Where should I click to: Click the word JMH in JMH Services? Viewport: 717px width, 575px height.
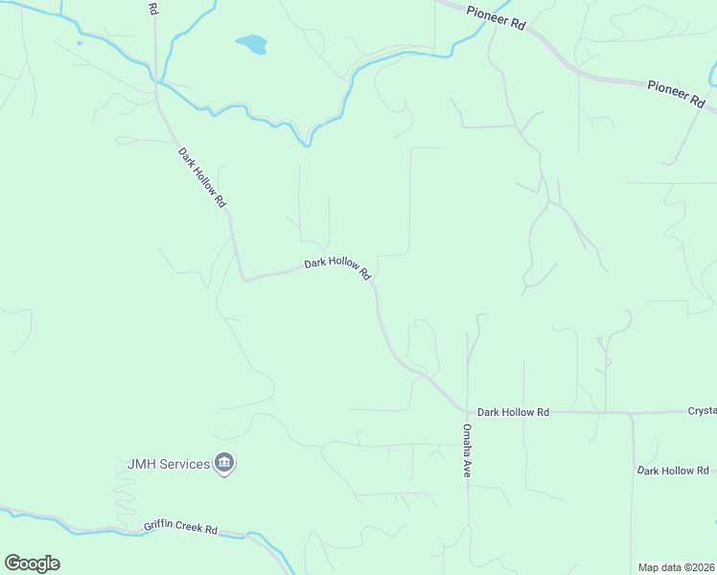[142, 464]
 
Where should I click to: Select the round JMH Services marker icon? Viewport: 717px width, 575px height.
[225, 464]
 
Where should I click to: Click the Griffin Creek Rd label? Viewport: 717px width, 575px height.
[181, 528]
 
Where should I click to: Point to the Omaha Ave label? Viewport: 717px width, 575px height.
[468, 450]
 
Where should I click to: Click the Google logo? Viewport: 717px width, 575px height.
[32, 563]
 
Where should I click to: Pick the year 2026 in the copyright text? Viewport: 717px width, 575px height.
[702, 567]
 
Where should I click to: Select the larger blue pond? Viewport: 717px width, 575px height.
[252, 44]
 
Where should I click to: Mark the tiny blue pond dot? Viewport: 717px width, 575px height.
[80, 42]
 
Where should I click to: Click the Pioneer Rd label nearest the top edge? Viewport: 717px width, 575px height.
[496, 17]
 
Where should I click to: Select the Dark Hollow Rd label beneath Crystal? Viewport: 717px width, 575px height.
[673, 471]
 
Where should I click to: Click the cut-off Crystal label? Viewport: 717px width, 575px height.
[702, 410]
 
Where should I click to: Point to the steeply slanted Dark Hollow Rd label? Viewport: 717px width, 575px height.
[201, 177]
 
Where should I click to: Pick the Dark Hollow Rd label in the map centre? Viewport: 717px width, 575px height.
[337, 267]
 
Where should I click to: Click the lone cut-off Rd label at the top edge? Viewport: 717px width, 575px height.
[153, 8]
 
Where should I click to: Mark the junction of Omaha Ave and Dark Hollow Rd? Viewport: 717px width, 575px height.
[468, 412]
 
